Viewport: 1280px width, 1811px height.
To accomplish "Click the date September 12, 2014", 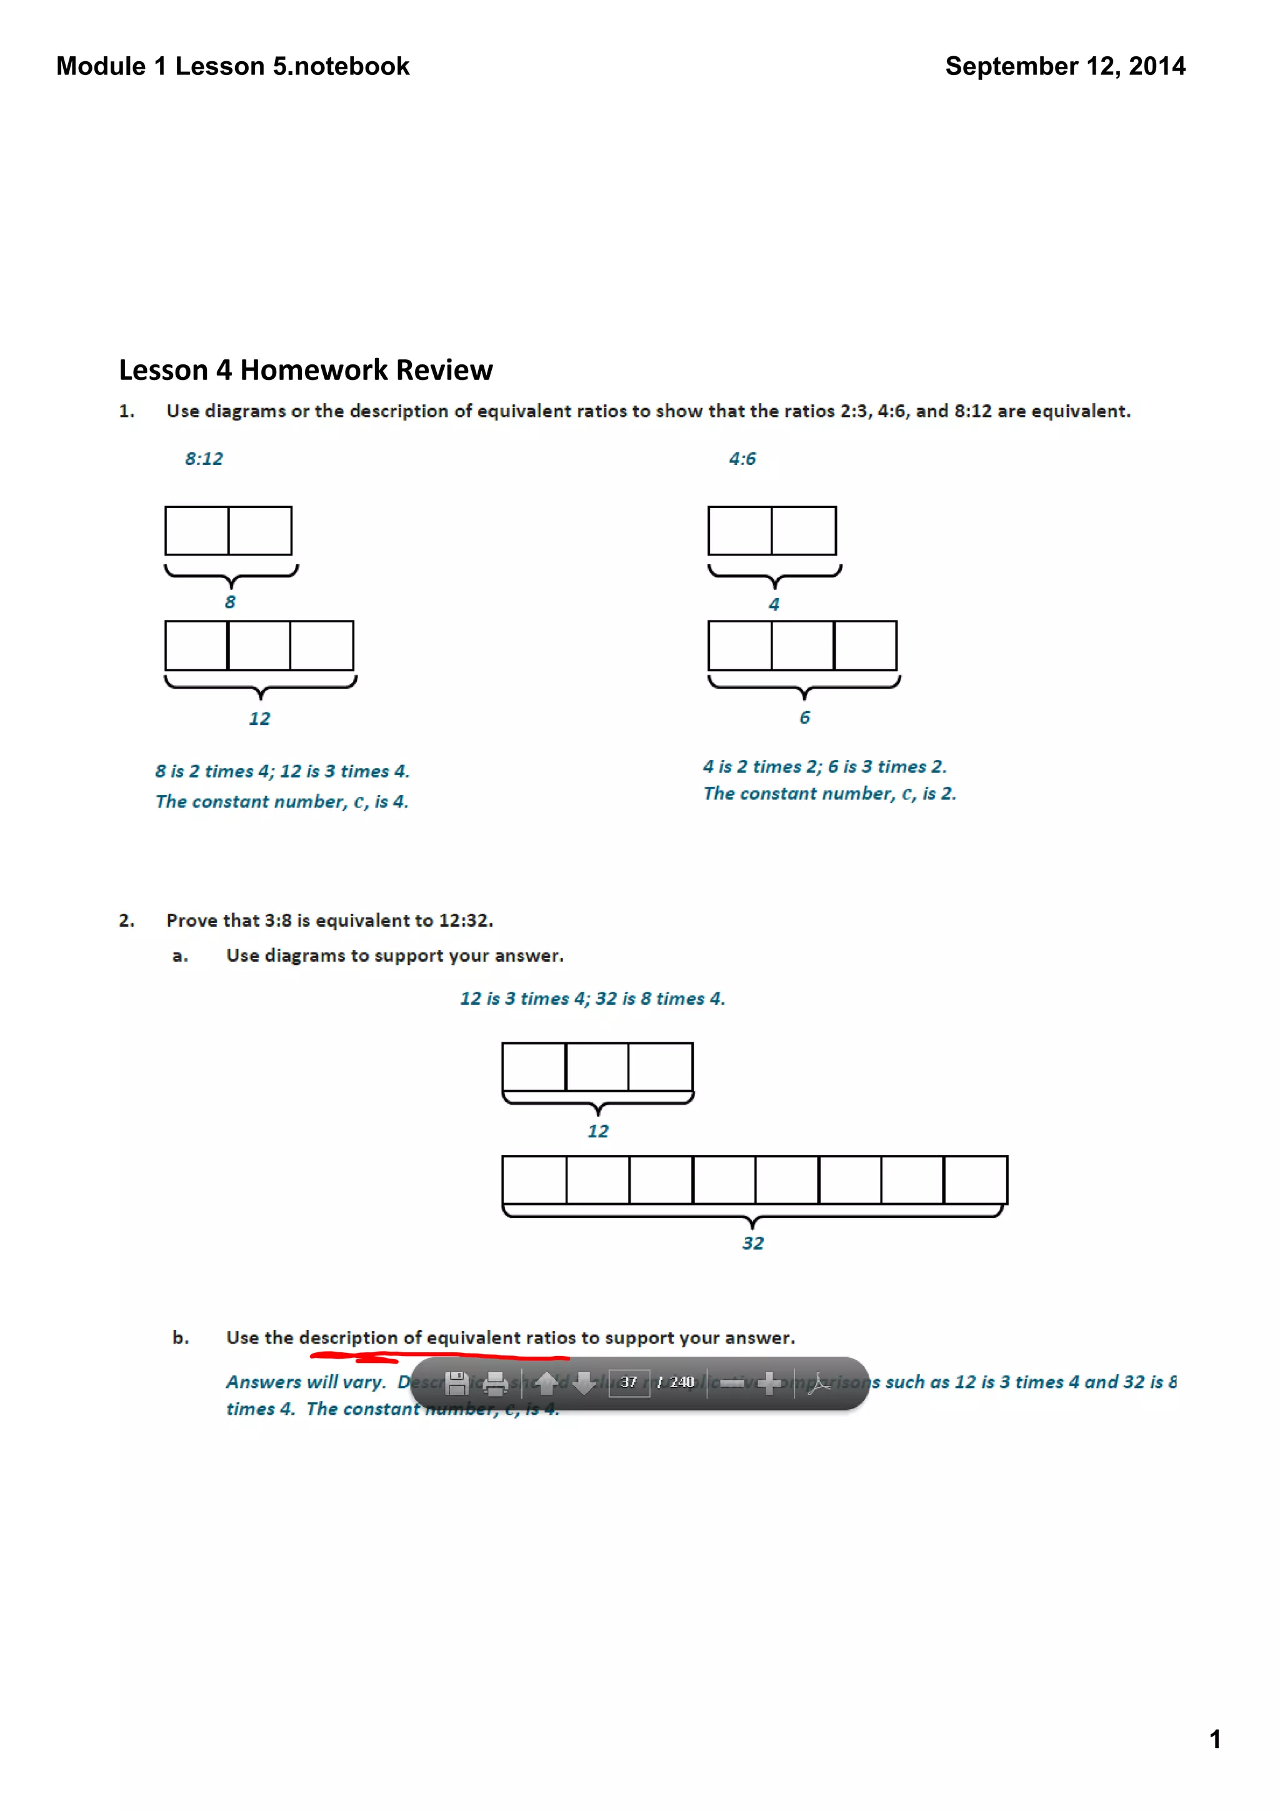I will click(1065, 66).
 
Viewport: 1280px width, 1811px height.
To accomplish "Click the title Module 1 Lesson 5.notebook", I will click(232, 66).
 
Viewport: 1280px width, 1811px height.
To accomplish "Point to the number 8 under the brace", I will click(230, 602).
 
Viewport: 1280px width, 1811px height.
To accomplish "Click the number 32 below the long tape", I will click(752, 1243).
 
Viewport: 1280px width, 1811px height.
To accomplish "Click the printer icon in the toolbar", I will click(495, 1383).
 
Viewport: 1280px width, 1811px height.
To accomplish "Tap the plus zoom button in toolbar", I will click(769, 1383).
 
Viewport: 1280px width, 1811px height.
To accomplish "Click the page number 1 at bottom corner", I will click(1214, 1739).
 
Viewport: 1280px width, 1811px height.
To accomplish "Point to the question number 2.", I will click(126, 920).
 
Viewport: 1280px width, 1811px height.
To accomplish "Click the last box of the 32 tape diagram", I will click(975, 1180).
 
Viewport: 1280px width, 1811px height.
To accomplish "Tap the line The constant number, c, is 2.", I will click(829, 794).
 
